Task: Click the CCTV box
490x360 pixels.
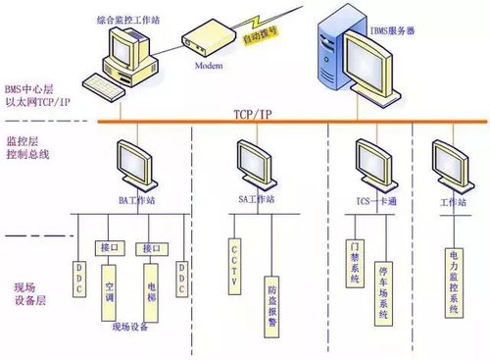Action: point(235,257)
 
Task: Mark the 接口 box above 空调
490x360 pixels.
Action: point(109,246)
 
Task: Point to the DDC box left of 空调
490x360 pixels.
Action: point(82,276)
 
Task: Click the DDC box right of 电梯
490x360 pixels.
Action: point(181,277)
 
